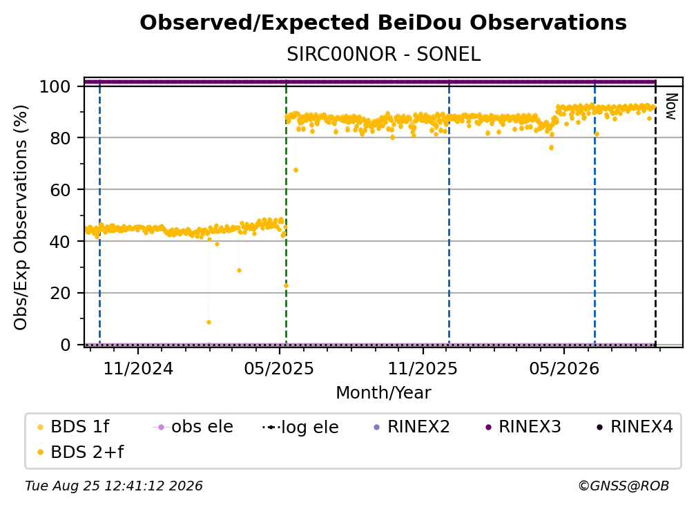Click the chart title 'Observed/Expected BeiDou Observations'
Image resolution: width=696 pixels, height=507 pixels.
(x=383, y=23)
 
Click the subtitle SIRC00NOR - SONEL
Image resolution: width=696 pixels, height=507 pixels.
(x=383, y=55)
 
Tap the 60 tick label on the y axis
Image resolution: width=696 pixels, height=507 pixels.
(x=60, y=190)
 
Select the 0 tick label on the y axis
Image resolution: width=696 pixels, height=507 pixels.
(x=66, y=345)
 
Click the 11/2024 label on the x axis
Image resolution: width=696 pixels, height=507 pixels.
(x=138, y=368)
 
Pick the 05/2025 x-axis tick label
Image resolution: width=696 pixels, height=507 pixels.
(x=279, y=368)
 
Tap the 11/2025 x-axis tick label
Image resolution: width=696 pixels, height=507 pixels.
(x=423, y=368)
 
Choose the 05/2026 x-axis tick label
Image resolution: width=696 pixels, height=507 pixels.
(x=563, y=368)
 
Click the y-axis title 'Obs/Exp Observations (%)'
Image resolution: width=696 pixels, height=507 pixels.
(x=21, y=217)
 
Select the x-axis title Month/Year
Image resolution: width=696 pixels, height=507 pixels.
(x=383, y=392)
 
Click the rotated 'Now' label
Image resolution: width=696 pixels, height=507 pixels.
(x=670, y=106)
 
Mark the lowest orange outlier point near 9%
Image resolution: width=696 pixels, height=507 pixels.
(x=209, y=323)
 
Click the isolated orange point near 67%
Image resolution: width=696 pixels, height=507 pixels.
(x=296, y=170)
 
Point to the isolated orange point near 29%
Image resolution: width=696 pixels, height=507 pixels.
(x=239, y=270)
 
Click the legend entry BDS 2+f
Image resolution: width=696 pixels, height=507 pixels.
(x=80, y=452)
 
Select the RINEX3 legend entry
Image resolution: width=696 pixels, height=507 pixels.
(x=524, y=427)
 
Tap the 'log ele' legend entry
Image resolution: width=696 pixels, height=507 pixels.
(x=300, y=427)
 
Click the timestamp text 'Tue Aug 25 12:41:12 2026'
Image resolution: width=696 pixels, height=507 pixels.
(x=114, y=486)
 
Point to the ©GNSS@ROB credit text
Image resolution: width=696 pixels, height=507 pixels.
(x=623, y=486)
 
